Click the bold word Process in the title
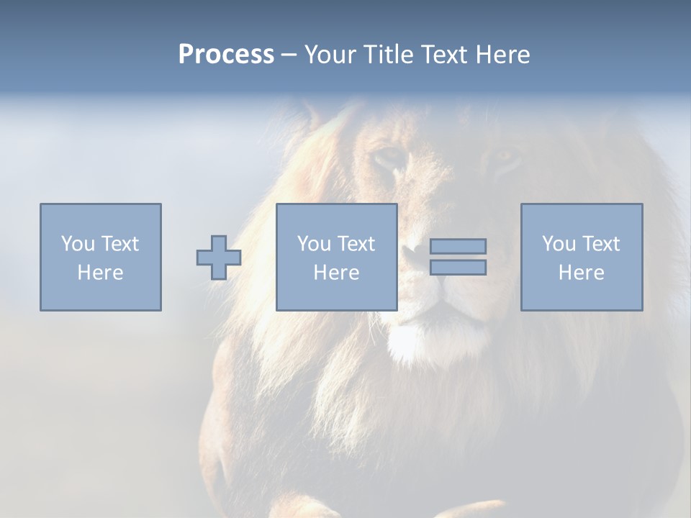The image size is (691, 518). (x=226, y=55)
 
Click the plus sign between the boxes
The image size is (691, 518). (x=219, y=258)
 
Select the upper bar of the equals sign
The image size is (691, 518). (x=458, y=246)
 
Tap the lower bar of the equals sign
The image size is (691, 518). (x=458, y=268)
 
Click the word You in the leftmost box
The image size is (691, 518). (x=78, y=244)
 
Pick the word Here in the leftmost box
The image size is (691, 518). (x=100, y=273)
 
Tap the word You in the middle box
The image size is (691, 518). (x=314, y=244)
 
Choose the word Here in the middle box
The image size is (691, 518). (x=336, y=273)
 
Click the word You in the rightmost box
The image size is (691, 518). (x=559, y=244)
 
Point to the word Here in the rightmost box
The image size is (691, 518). (x=581, y=273)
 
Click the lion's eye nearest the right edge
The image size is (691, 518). (x=506, y=157)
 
